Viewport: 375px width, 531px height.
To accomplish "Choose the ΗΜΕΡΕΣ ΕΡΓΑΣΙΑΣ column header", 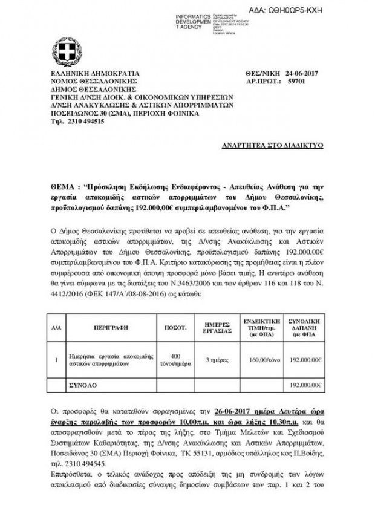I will point(215,325).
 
